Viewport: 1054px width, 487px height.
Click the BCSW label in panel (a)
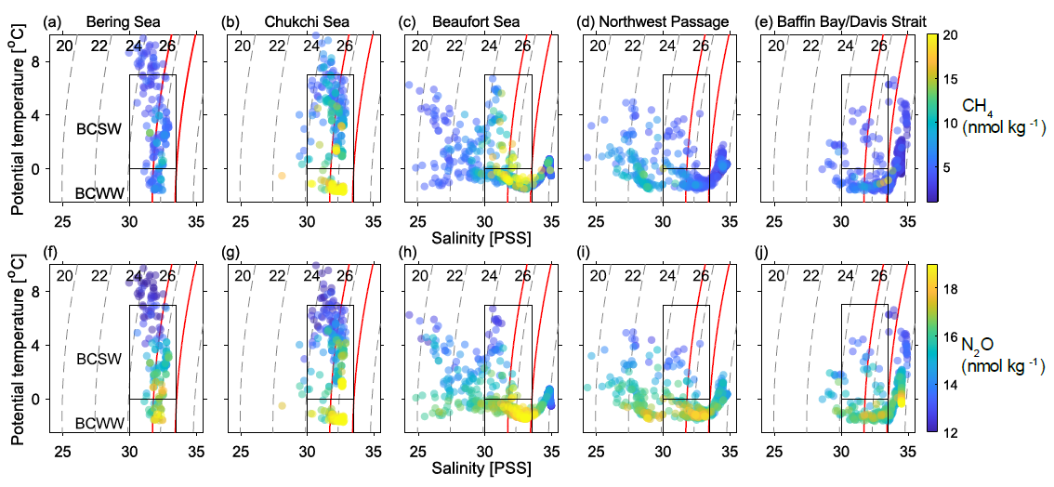coord(99,130)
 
